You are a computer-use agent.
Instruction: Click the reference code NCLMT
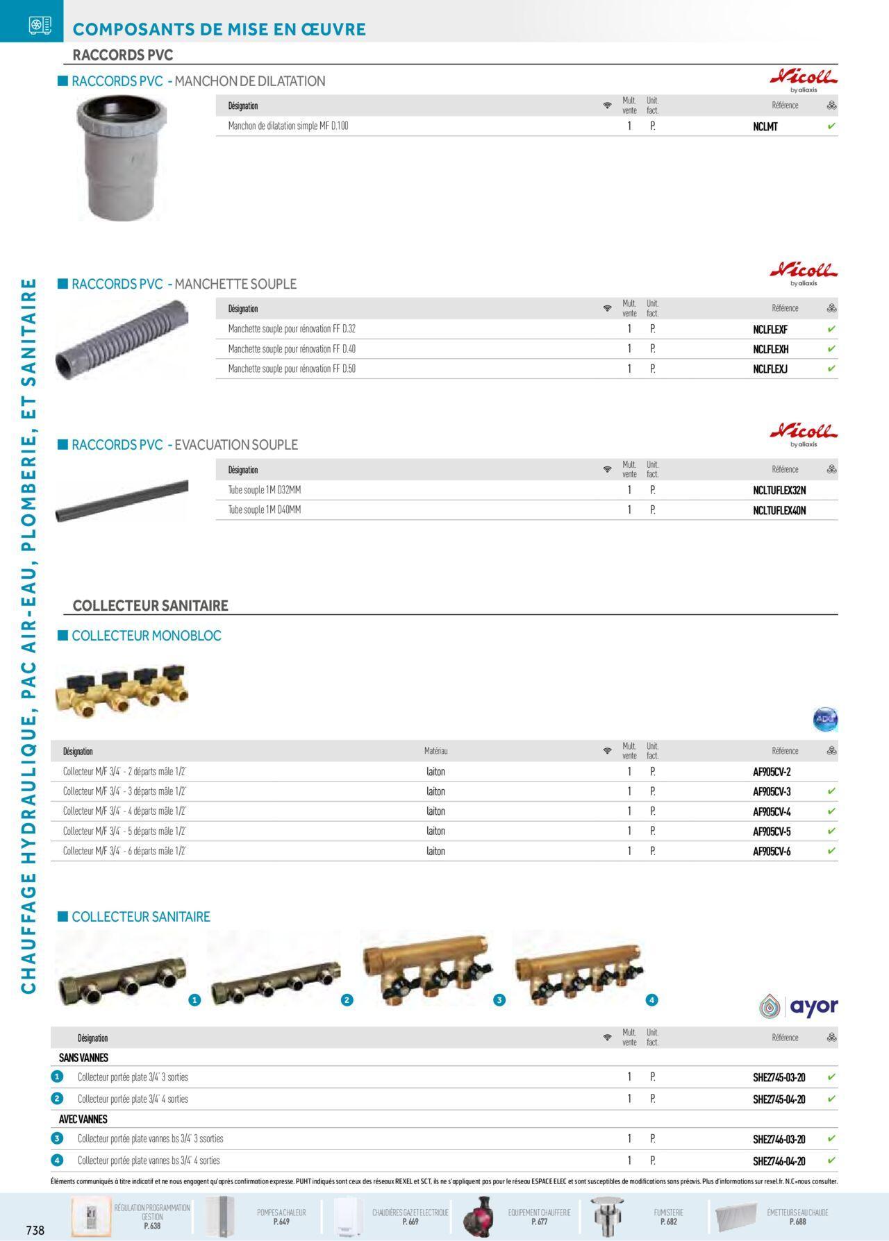click(765, 126)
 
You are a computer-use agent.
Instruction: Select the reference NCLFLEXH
click(770, 349)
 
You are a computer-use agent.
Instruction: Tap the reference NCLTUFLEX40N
click(779, 511)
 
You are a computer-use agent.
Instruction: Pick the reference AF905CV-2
click(772, 772)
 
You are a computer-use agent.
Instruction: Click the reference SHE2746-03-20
click(779, 1139)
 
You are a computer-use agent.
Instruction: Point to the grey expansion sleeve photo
click(122, 158)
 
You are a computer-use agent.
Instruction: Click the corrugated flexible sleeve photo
click(122, 340)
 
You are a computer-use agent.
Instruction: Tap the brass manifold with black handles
click(122, 691)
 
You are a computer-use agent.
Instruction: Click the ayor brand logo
click(799, 1006)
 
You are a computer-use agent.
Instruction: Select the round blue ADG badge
click(825, 720)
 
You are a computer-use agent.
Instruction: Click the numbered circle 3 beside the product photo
click(499, 1000)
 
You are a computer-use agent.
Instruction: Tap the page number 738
click(35, 1230)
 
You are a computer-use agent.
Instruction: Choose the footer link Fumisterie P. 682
click(668, 1217)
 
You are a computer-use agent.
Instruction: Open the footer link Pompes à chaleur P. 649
click(281, 1217)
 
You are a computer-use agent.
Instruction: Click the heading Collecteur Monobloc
click(147, 636)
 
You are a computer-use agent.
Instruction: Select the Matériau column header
click(435, 751)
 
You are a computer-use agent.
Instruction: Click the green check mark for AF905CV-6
click(831, 851)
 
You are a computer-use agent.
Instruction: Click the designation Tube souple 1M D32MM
click(265, 490)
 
